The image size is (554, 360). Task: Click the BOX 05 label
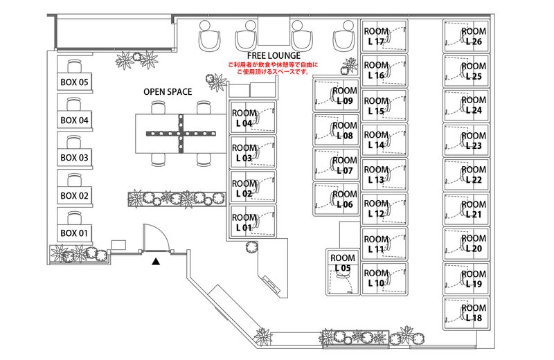click(75, 82)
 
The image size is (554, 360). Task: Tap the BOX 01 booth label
click(75, 232)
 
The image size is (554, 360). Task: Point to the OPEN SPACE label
click(168, 91)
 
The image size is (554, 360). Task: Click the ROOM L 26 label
click(474, 36)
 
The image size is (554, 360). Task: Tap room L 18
click(474, 313)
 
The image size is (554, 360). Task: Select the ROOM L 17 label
click(376, 36)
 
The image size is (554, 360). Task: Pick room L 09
click(344, 96)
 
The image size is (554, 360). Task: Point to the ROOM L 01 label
click(243, 222)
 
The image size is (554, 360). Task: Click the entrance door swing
click(153, 239)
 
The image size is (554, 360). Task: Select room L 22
click(474, 174)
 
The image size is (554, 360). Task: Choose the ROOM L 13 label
click(376, 174)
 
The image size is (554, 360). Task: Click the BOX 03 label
click(75, 158)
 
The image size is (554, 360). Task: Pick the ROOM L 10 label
click(376, 278)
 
